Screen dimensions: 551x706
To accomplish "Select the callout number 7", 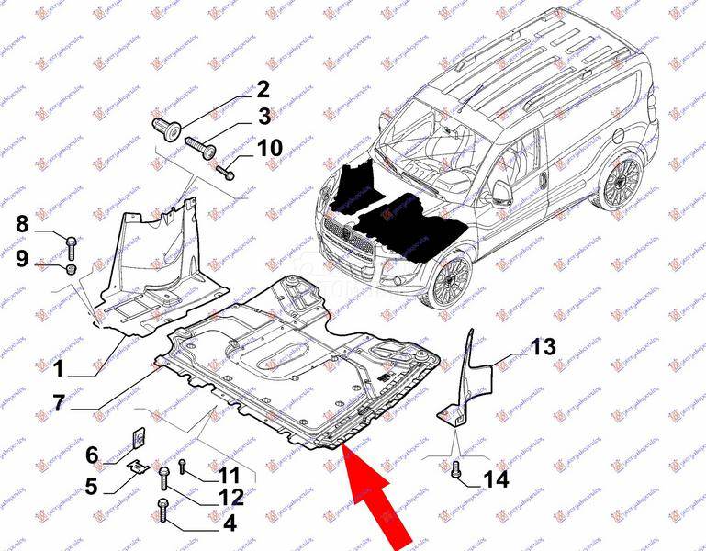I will [57, 401].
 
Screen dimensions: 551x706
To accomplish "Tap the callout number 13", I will [544, 346].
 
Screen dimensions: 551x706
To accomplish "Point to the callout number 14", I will [495, 478].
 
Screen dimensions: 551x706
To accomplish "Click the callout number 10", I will [270, 148].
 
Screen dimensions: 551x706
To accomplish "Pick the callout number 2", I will [263, 89].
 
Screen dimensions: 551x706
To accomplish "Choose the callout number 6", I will [92, 454].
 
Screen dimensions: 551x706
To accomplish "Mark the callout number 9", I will [21, 260].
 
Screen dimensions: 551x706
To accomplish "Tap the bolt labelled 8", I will [71, 243].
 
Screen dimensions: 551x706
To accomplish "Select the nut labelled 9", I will [71, 268].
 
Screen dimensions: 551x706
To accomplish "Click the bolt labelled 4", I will [164, 505].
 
